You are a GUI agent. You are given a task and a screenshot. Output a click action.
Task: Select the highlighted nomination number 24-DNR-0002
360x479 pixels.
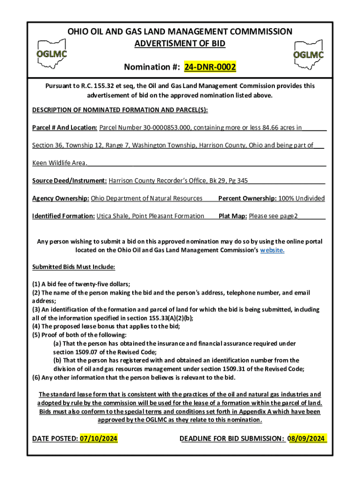tap(210, 68)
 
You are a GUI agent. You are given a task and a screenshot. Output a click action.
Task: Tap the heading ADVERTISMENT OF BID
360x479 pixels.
tap(180, 44)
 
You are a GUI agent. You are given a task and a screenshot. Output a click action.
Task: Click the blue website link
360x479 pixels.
tap(272, 250)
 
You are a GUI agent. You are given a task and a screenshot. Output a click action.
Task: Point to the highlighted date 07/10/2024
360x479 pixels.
tap(98, 439)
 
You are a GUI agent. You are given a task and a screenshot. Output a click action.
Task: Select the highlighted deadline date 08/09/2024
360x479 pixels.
tap(307, 439)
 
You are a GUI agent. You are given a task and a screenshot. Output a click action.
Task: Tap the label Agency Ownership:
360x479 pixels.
tap(60, 198)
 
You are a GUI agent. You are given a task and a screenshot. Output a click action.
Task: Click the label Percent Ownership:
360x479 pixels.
tap(247, 198)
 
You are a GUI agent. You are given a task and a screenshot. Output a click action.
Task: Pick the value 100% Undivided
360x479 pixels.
tap(302, 198)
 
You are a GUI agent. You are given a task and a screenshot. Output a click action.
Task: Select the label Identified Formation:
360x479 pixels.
tap(63, 216)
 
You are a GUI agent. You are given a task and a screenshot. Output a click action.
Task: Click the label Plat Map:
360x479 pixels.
tap(233, 216)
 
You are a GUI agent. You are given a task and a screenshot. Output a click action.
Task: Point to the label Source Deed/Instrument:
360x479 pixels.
tap(70, 181)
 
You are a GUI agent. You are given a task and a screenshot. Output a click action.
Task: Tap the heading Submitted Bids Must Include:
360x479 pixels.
tap(73, 267)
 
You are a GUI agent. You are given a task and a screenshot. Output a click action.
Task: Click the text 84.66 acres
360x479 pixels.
tap(274, 127)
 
